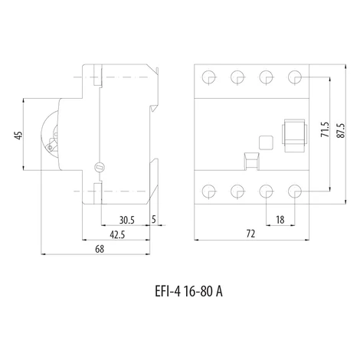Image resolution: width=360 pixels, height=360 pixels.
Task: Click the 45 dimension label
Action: coord(18,135)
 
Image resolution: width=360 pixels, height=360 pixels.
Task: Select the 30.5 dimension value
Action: coord(127,220)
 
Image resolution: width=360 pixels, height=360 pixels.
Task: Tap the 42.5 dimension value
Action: coord(117,234)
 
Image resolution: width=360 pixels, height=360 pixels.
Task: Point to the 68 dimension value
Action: coord(100,249)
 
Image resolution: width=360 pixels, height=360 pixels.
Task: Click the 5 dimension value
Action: coord(154,219)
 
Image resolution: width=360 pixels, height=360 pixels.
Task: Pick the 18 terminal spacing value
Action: coord(280,220)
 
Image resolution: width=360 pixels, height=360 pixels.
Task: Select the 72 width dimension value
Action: coord(250,234)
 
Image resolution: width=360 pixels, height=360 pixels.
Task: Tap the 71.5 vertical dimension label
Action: coord(325,129)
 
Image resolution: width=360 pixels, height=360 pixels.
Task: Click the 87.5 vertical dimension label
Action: coord(341,131)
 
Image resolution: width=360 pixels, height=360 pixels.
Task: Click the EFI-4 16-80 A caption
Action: coord(189,291)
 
